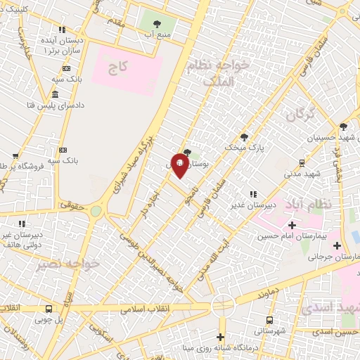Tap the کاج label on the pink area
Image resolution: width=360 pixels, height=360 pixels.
tap(117, 69)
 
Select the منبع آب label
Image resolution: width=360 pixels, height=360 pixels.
tap(158, 33)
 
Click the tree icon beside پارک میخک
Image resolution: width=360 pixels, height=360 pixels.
tap(244, 136)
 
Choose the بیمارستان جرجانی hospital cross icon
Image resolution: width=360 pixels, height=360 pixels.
tap(337, 245)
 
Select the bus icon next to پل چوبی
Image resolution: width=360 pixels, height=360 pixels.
tap(49, 309)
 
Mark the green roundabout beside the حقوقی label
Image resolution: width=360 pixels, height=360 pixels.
tap(95, 210)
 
